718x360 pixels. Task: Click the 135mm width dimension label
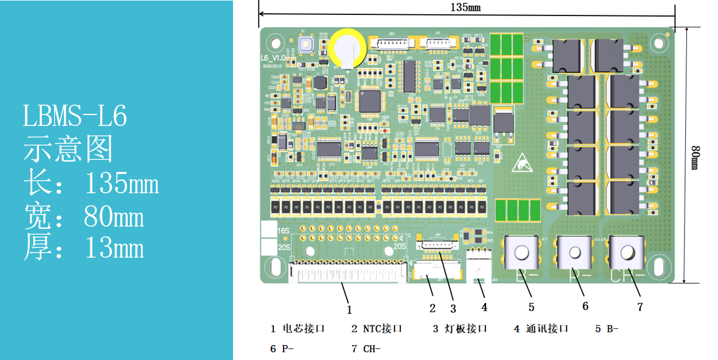(465, 7)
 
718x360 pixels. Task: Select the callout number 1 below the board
(349, 309)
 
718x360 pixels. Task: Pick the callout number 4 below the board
(484, 307)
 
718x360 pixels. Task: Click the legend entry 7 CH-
(366, 348)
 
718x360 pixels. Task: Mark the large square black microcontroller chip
(369, 101)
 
